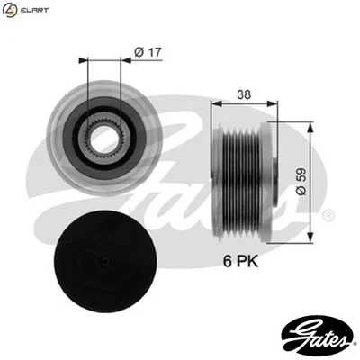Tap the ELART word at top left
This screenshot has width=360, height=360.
point(35,11)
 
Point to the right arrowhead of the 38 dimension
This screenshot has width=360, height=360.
point(272,103)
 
